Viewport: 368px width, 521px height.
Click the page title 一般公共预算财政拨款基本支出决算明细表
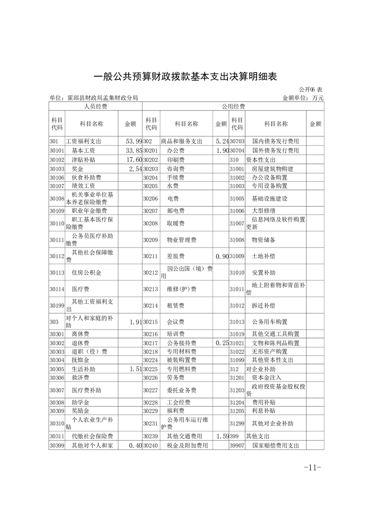coord(185,77)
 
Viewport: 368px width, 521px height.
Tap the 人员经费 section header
coord(95,106)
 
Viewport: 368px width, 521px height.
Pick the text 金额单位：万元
coord(303,98)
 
